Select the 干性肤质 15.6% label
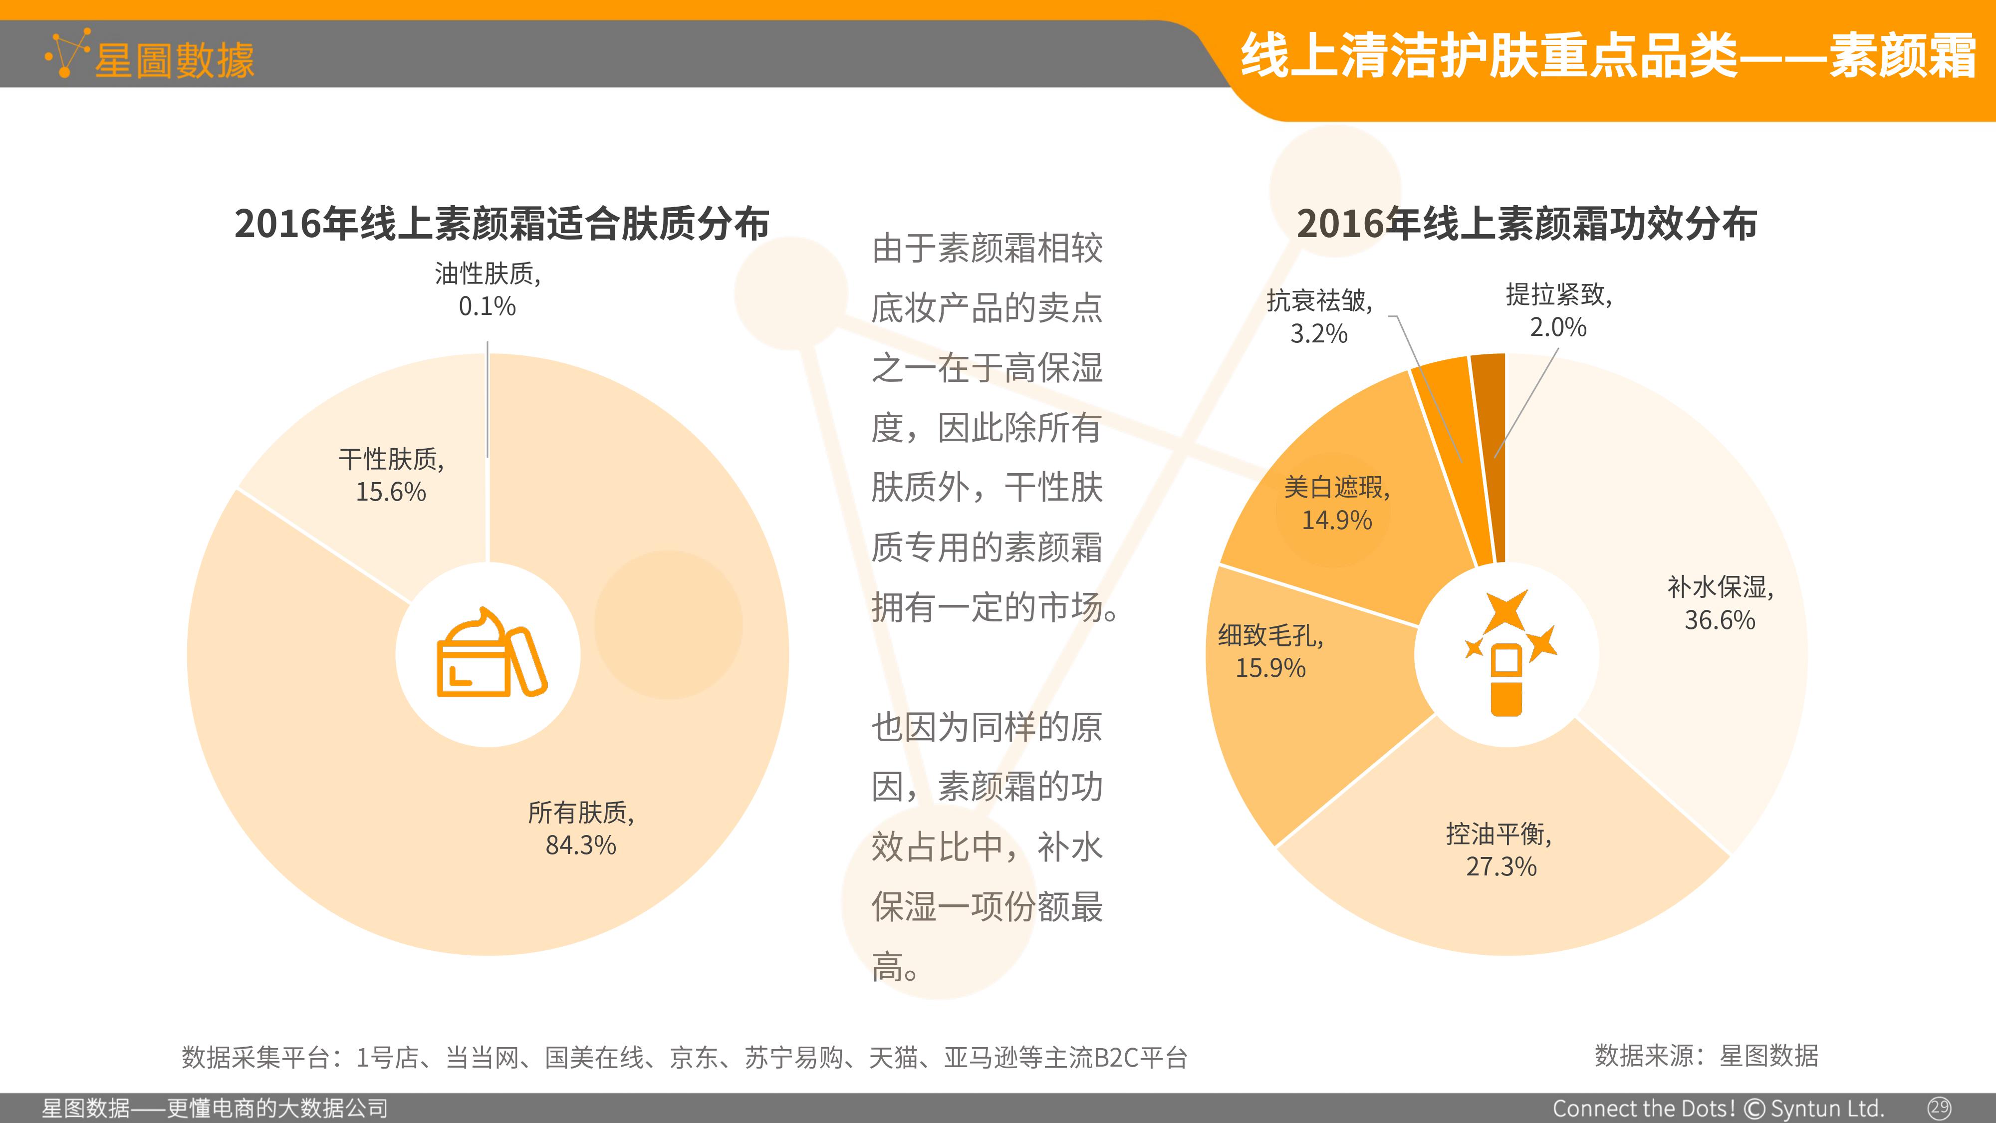[x=391, y=475]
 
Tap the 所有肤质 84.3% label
[x=581, y=829]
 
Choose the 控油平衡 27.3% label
[x=1500, y=850]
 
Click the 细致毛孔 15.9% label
[x=1271, y=651]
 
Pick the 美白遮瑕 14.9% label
[x=1337, y=503]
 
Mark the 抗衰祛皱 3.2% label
[x=1319, y=317]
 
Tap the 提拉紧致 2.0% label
[x=1558, y=311]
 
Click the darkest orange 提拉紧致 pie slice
[x=1489, y=457]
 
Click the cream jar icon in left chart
[x=491, y=652]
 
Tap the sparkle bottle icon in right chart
[x=1508, y=652]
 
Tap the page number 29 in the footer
[x=1940, y=1107]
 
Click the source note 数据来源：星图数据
[x=1706, y=1056]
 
